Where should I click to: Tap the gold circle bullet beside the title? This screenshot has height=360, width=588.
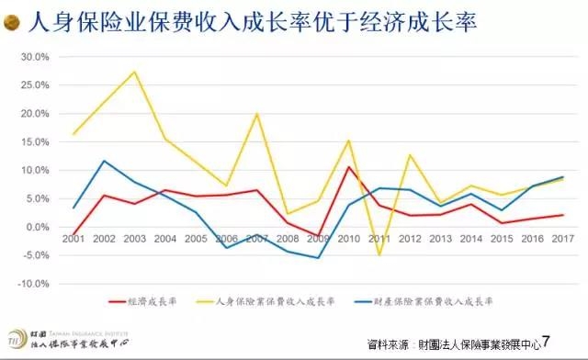(15, 22)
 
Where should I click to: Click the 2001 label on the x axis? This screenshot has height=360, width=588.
(73, 238)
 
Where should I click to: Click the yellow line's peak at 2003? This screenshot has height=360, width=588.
(135, 72)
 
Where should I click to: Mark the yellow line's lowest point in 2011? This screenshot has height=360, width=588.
(379, 254)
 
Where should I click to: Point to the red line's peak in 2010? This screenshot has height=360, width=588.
(348, 166)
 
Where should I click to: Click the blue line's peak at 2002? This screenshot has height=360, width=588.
(104, 161)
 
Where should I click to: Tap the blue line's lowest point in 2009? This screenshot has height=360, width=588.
(318, 257)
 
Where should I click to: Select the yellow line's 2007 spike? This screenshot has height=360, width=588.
(256, 114)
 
